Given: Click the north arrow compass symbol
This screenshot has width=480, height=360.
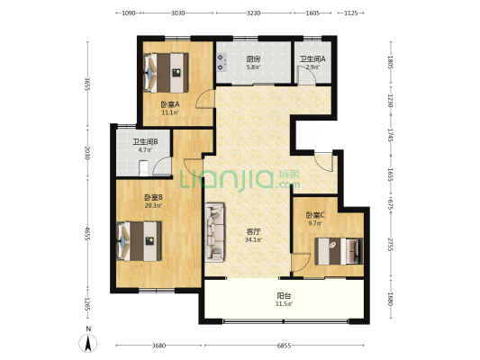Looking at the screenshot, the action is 88,343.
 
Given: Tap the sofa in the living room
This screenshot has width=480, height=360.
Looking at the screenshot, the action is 214,232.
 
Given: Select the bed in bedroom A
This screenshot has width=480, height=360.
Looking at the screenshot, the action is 166,73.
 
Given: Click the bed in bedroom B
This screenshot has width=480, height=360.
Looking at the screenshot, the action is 140,241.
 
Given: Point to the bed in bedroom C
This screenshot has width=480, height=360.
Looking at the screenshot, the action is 339,251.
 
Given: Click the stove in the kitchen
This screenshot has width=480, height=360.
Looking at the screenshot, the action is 221,62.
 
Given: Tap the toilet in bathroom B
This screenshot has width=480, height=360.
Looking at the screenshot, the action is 143,168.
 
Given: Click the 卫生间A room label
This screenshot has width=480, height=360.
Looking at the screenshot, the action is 312,59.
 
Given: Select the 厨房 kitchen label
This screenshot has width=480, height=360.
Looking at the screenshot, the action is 253,58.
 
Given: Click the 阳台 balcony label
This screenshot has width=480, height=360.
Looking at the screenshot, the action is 284,296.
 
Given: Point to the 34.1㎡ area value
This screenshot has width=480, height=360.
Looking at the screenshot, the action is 253,240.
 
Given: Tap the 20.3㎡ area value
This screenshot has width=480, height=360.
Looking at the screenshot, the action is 153,206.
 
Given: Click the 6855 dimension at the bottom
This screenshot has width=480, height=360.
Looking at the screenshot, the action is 284,346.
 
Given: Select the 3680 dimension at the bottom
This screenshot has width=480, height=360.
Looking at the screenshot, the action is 158,346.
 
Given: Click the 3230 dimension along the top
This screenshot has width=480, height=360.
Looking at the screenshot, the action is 254,13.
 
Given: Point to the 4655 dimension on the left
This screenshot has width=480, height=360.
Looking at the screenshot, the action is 87,234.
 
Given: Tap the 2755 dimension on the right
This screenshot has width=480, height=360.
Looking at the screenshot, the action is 390,245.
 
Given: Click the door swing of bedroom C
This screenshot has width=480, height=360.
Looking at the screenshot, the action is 301,262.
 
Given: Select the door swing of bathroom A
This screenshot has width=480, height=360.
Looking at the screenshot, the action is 306,76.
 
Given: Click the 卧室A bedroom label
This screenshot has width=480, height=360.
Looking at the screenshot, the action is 170,104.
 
